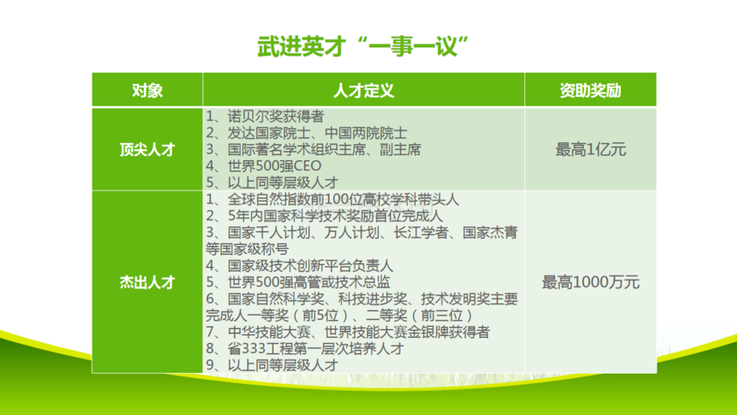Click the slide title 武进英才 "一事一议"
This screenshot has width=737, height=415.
[363, 46]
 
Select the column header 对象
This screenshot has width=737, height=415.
[147, 90]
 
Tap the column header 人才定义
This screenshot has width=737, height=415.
[363, 90]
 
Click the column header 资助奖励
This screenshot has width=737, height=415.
[590, 90]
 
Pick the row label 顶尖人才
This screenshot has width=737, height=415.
[147, 150]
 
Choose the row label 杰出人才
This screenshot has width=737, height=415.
[147, 282]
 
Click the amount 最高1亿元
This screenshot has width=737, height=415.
[590, 150]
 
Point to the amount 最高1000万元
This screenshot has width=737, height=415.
[590, 282]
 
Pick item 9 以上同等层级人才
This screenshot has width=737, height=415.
[272, 365]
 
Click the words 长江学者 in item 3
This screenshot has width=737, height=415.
[421, 232]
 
